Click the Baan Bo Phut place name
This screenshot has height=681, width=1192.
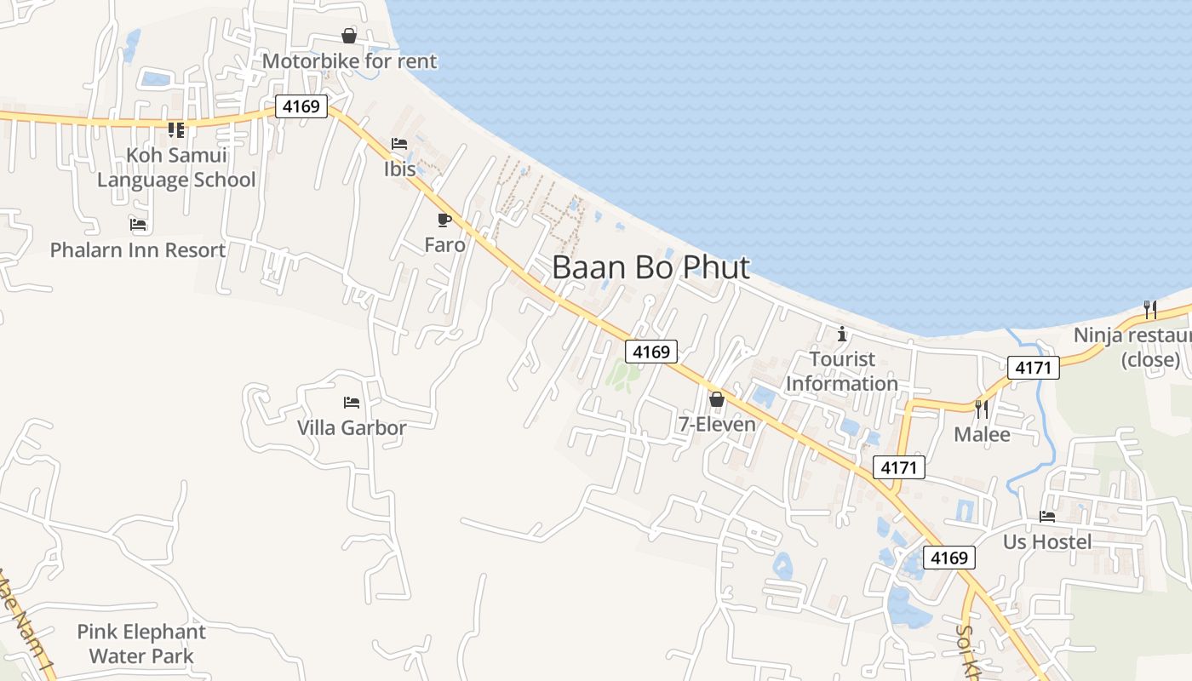[650, 267]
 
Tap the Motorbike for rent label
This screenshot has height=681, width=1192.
[349, 61]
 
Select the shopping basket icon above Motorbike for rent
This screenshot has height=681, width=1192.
[349, 36]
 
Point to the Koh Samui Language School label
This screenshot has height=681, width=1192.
[176, 168]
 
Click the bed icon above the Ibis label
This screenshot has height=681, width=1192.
[399, 144]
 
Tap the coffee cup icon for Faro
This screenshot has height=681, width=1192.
[444, 220]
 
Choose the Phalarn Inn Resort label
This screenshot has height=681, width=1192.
[138, 250]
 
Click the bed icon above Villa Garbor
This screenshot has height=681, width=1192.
[352, 402]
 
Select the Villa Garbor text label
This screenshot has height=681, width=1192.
[352, 427]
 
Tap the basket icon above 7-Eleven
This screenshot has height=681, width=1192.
[717, 398]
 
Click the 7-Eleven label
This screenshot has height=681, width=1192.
[717, 424]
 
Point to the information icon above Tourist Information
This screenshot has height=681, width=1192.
[842, 333]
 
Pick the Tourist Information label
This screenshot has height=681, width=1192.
[842, 371]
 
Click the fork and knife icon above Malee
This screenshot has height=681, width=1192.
[982, 409]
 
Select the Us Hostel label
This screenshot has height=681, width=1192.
[1047, 542]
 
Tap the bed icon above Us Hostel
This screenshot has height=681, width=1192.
[1047, 516]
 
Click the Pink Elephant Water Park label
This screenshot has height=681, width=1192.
[141, 644]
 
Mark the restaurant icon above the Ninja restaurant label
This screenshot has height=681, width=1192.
[1149, 308]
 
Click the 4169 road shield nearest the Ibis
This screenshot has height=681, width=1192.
[301, 106]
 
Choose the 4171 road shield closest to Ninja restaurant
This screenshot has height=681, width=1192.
[1034, 368]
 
